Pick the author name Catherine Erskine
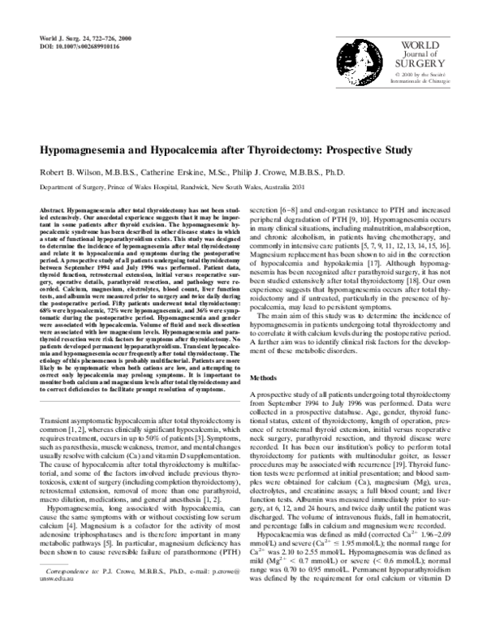pyautogui.click(x=189, y=172)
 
